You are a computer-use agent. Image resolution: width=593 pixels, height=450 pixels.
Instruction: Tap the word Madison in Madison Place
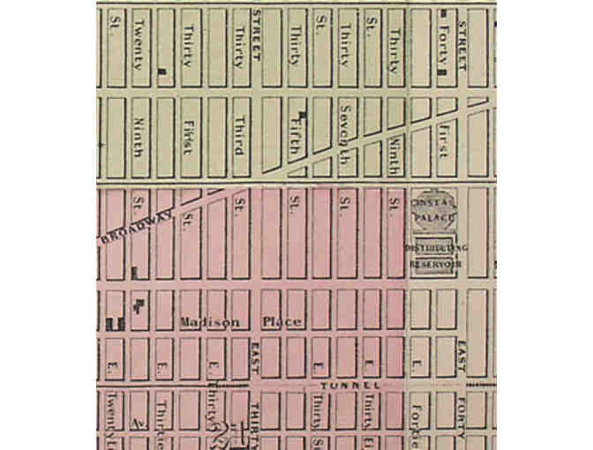coord(209,323)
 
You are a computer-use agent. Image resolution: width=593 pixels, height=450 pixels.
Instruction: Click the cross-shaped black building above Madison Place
coord(139,304)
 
